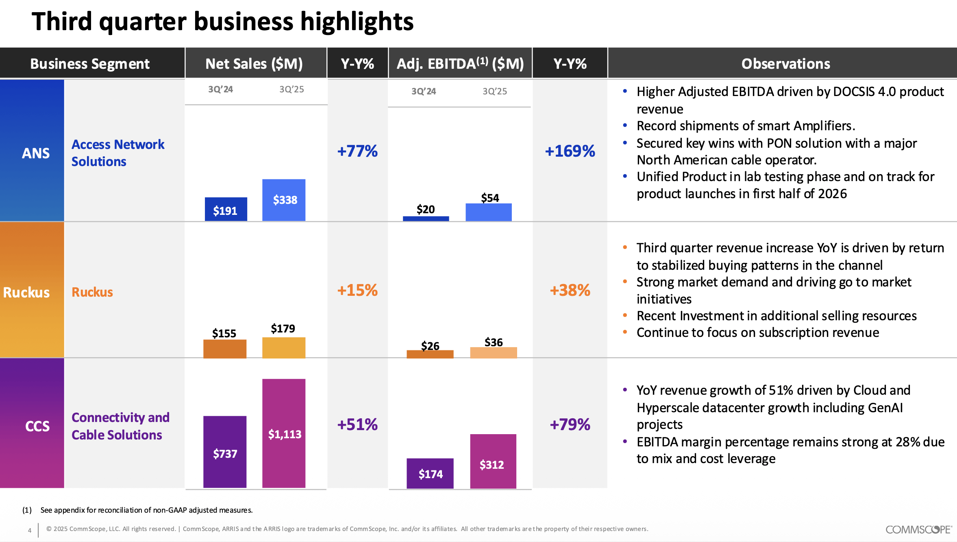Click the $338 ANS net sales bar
coord(284,200)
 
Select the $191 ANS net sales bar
coord(226,210)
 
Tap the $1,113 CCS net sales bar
coord(284,433)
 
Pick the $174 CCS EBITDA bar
coord(430,473)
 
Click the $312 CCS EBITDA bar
coord(493,461)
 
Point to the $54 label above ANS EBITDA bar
coord(490,198)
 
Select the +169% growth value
coord(570,151)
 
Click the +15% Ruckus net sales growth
coord(357,290)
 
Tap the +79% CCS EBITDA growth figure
coord(570,424)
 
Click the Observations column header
coord(785,63)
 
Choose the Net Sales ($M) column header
coord(254,63)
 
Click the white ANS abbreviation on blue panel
coord(36,153)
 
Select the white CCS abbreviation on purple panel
coord(37,426)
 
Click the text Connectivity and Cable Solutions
coord(120,426)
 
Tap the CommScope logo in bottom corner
coord(918,529)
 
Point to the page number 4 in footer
coord(30,530)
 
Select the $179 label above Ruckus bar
coord(283,328)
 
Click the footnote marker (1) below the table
coord(27,510)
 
